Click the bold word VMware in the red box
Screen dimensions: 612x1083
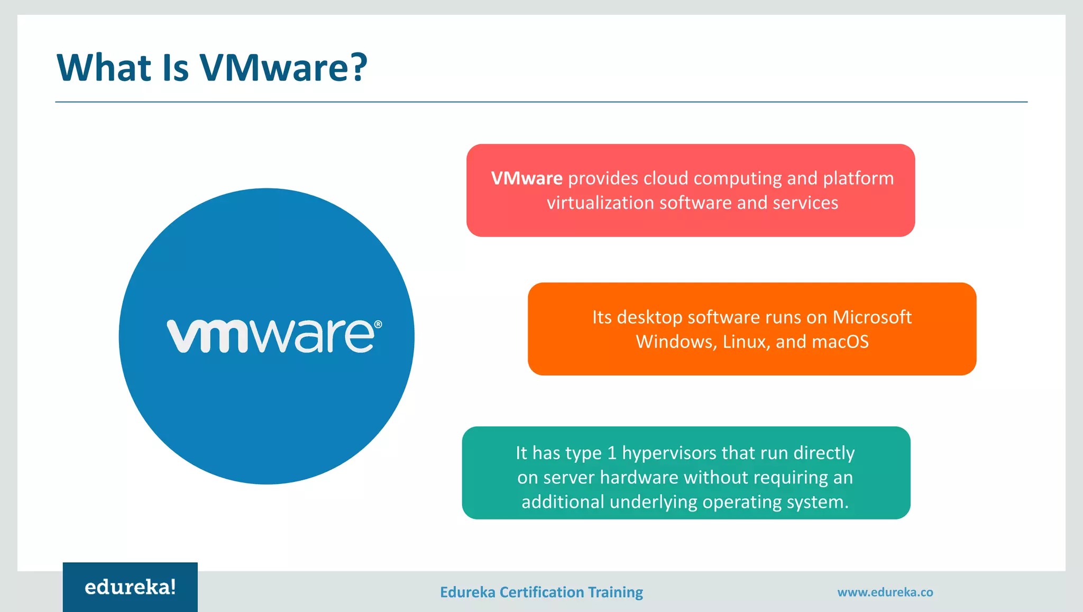click(527, 178)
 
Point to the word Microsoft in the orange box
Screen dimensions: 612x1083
click(872, 317)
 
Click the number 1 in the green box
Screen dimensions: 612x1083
click(612, 453)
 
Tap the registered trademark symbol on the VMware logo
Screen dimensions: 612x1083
click(378, 324)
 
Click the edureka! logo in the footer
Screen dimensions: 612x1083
click(130, 587)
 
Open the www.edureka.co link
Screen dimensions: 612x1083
click(885, 592)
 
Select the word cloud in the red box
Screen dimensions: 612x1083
click(666, 178)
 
